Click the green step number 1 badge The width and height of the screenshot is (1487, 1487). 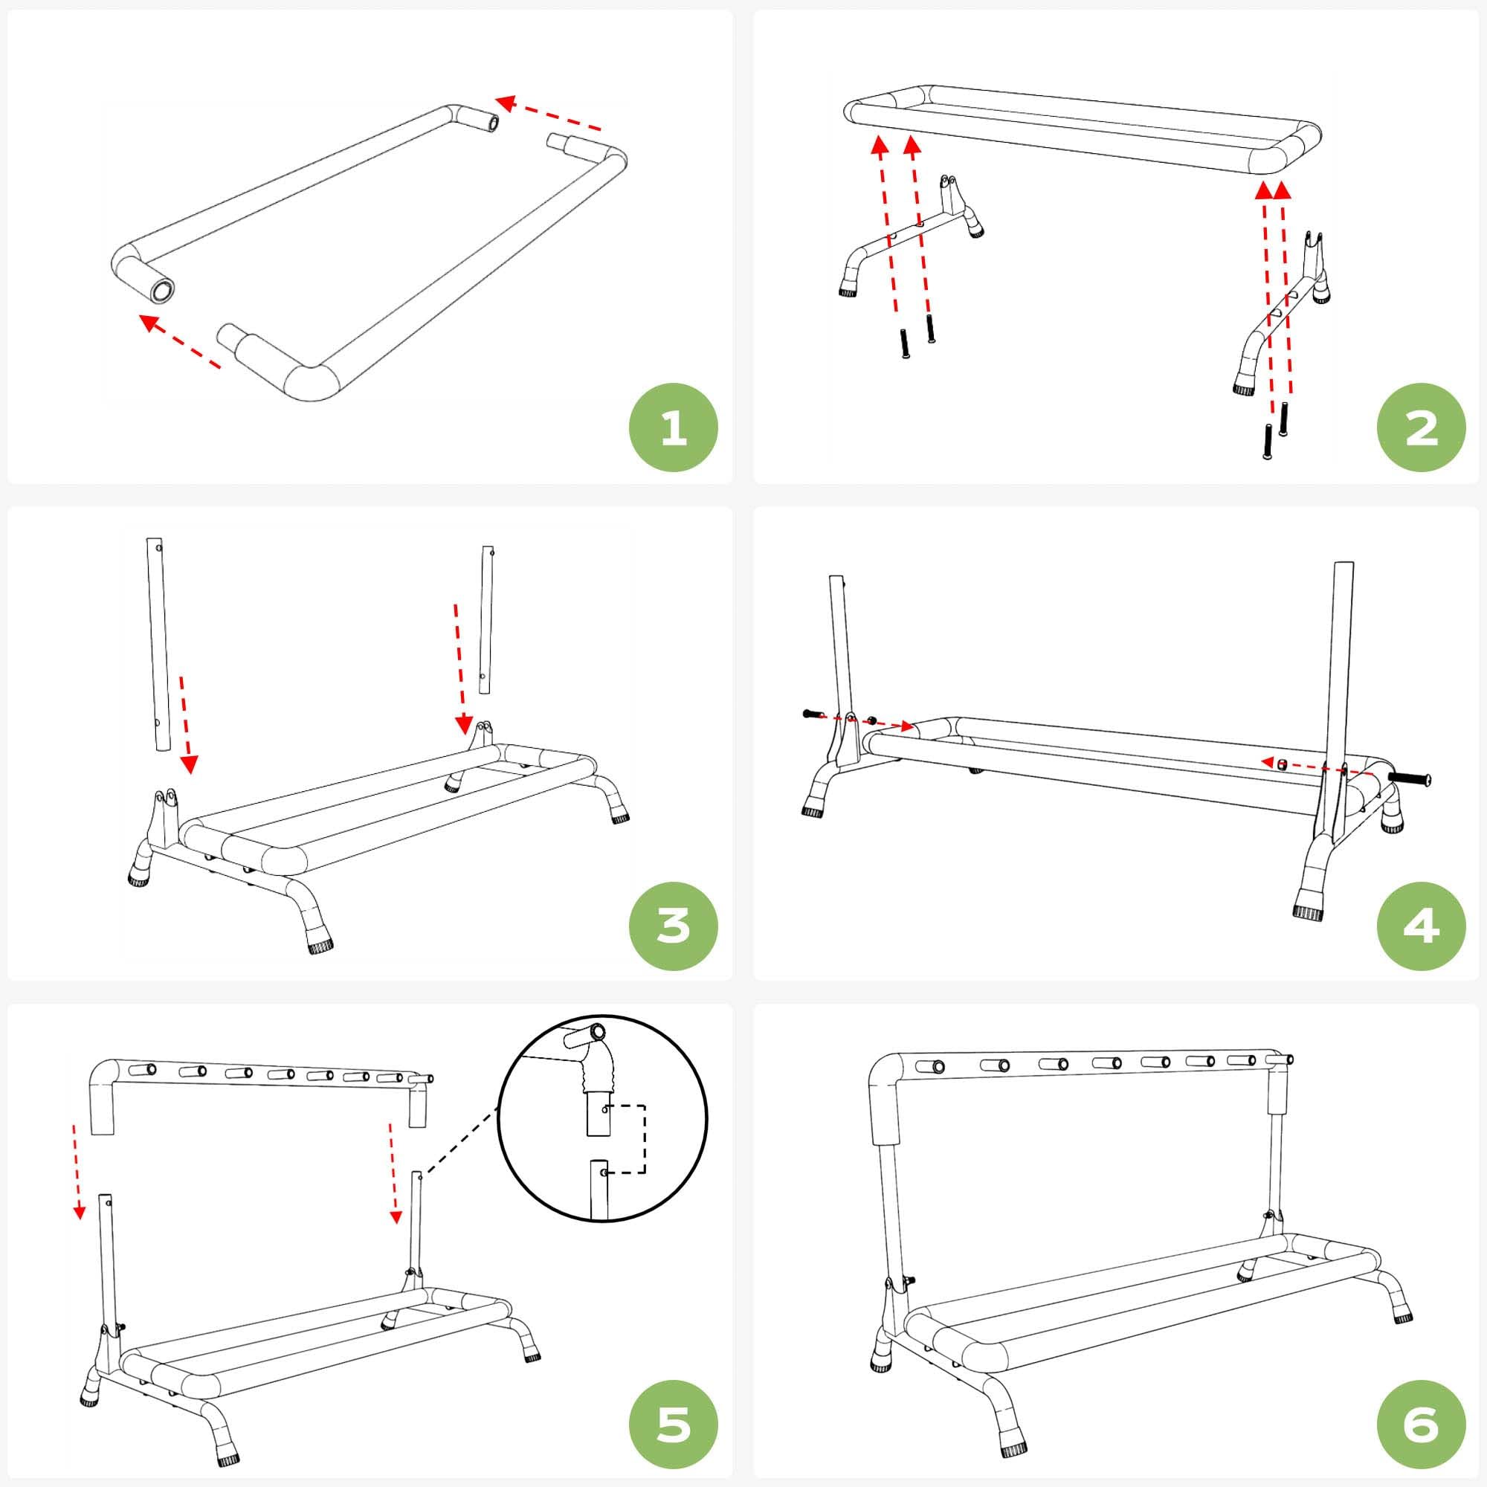pyautogui.click(x=674, y=428)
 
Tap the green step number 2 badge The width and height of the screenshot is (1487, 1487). pyautogui.click(x=1421, y=428)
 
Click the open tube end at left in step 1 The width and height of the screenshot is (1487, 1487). pyautogui.click(x=162, y=292)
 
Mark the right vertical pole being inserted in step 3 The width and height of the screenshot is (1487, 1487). pyautogui.click(x=486, y=620)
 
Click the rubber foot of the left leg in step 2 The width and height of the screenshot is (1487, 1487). pyautogui.click(x=848, y=287)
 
